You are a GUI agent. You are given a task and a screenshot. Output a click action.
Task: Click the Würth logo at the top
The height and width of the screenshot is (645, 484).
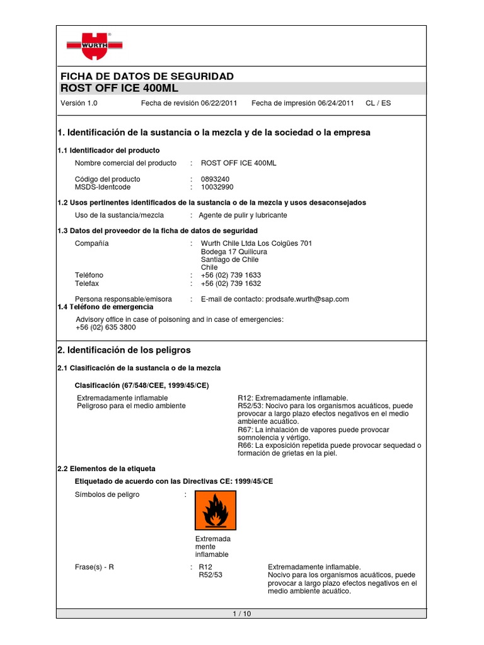click(x=95, y=46)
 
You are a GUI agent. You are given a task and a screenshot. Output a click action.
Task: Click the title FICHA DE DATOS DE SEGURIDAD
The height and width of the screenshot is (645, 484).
click(x=147, y=76)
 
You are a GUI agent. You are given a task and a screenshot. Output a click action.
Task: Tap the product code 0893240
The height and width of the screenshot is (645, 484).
click(x=215, y=180)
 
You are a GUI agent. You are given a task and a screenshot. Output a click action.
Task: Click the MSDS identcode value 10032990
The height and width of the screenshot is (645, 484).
click(x=217, y=187)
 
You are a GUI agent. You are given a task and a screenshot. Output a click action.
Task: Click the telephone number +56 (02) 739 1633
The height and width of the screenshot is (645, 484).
click(x=231, y=275)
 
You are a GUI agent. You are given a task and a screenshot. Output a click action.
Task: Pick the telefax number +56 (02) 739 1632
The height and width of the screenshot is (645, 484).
click(x=231, y=283)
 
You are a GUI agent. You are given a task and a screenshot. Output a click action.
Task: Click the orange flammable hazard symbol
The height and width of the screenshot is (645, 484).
click(x=215, y=510)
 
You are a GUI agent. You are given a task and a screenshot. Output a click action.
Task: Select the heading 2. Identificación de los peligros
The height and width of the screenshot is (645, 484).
click(x=124, y=350)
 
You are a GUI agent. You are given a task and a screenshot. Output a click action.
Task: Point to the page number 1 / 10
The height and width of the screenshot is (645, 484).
click(x=241, y=615)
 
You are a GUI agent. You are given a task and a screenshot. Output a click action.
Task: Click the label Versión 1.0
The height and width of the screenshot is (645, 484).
click(x=79, y=103)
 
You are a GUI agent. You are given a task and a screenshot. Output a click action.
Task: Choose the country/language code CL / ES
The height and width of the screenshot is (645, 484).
click(x=378, y=103)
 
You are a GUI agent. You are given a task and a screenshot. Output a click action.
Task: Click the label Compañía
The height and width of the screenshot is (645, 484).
click(x=92, y=244)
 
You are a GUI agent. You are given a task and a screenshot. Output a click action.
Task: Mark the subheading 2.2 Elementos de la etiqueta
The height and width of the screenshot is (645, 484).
click(x=106, y=469)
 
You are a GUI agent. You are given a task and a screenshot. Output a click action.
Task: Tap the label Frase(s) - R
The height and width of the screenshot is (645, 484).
click(x=95, y=568)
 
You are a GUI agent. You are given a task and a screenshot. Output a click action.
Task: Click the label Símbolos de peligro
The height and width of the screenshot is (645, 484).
click(x=107, y=495)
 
